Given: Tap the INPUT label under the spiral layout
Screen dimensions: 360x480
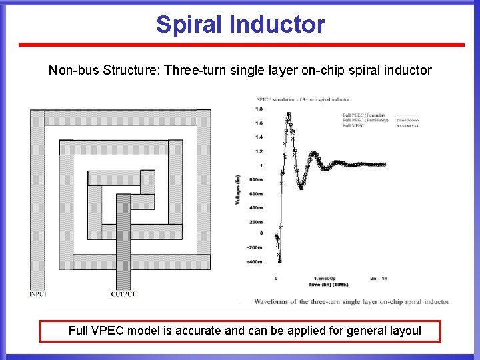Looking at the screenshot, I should (38, 294).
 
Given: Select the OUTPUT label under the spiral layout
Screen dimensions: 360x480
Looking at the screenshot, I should (123, 294).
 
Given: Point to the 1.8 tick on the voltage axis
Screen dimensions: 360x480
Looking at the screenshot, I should (258, 109).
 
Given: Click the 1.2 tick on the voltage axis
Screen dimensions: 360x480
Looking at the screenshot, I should (258, 151).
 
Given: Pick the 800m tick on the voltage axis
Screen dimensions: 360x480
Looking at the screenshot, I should (256, 180).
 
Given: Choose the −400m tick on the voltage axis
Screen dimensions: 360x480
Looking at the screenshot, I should (254, 262).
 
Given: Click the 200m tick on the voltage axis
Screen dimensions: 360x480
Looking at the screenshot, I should (256, 222).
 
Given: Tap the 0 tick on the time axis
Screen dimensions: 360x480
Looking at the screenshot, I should (276, 277).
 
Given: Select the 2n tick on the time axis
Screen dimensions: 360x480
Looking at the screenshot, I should (373, 277).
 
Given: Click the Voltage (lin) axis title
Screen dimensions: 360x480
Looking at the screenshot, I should (238, 189).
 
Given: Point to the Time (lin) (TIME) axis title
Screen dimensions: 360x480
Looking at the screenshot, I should (328, 284).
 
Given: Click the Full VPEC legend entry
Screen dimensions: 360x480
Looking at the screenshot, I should (353, 125).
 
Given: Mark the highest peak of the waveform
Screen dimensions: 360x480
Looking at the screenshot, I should (288, 114).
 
